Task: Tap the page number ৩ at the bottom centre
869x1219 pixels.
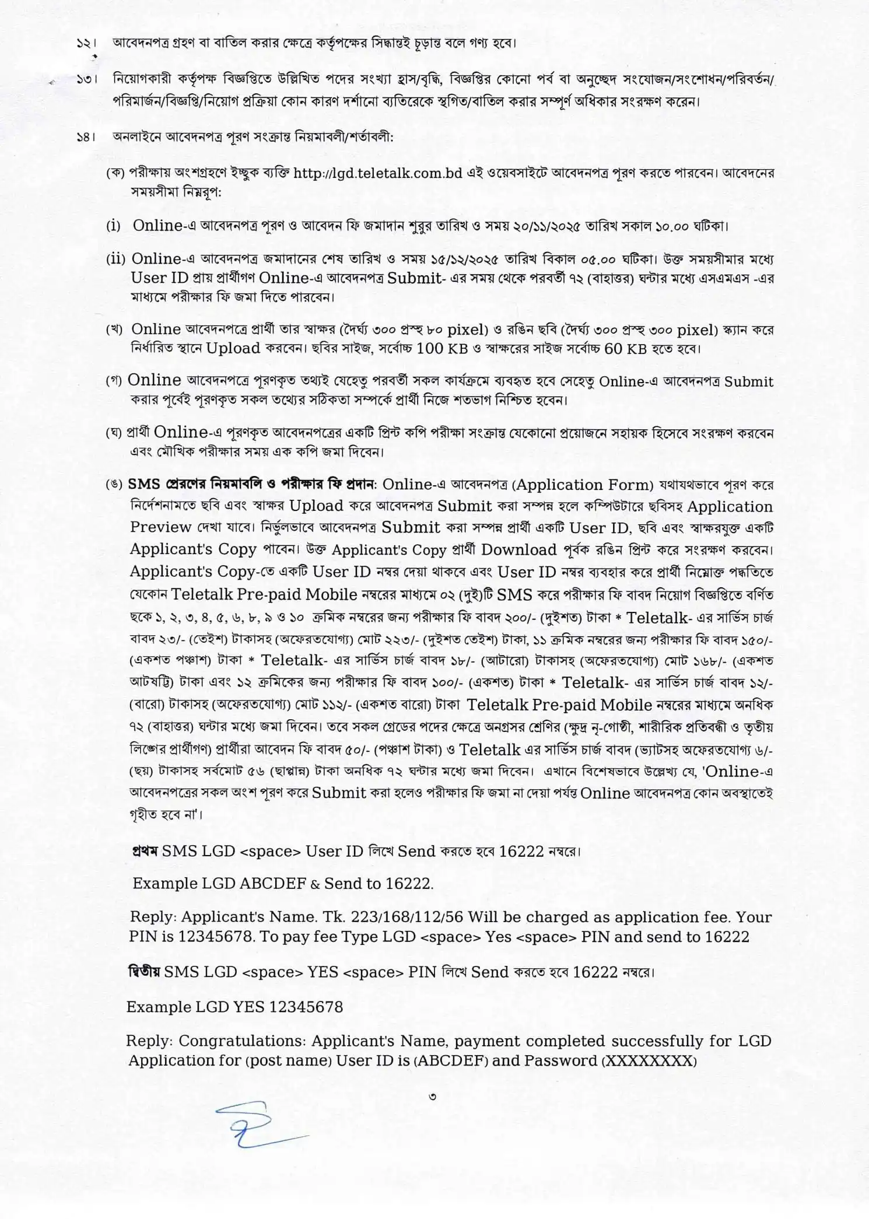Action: [432, 1097]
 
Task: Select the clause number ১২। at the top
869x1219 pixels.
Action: [86, 44]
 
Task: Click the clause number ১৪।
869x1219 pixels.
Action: [86, 138]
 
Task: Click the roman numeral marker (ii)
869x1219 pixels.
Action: [116, 259]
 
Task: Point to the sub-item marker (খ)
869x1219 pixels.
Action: [114, 330]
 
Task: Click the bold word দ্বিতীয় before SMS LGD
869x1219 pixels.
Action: [144, 972]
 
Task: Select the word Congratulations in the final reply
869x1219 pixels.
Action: [240, 1041]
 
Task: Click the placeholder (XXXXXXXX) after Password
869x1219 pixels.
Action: [649, 1061]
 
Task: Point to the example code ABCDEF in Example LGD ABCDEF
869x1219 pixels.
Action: [272, 883]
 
